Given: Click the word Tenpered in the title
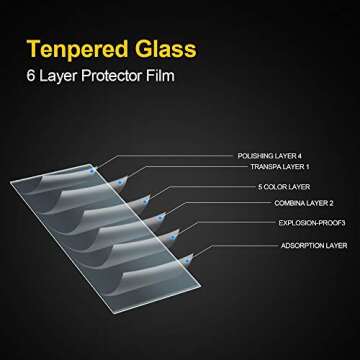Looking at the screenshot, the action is (75, 47).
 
